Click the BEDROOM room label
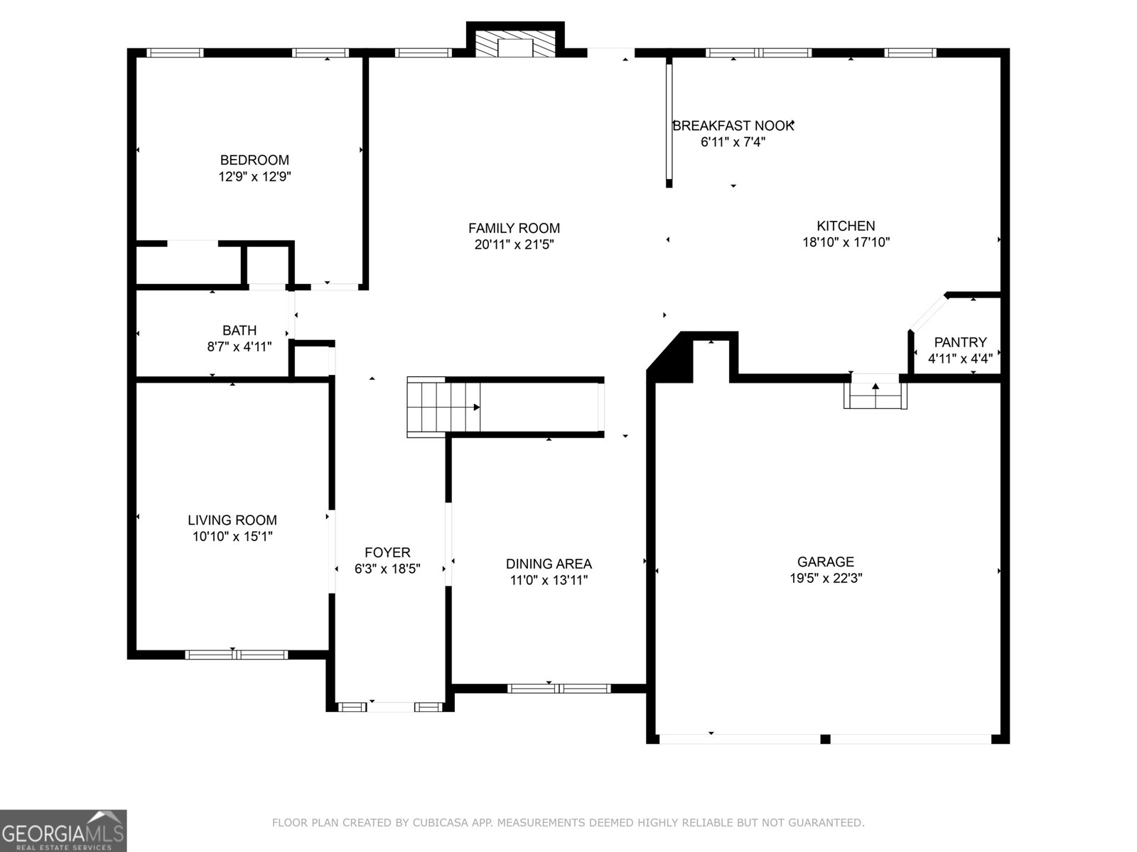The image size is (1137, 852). (254, 160)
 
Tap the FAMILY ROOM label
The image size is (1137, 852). (514, 228)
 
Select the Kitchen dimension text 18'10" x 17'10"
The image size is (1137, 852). (846, 242)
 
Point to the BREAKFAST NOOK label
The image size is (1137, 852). (733, 126)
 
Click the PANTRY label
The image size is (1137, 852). (960, 342)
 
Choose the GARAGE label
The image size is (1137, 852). (826, 562)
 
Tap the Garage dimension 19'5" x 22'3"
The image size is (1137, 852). (826, 578)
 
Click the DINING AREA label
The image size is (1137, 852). (549, 563)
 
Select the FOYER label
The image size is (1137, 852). (387, 552)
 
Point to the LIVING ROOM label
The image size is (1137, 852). (232, 520)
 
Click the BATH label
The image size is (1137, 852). (239, 330)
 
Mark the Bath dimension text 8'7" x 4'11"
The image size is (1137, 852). (239, 346)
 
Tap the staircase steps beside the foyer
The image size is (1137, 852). (443, 407)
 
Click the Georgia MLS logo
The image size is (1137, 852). (63, 831)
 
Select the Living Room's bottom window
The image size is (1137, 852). (236, 655)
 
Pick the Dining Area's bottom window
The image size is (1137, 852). (559, 688)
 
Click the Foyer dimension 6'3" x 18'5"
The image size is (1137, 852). (387, 569)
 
